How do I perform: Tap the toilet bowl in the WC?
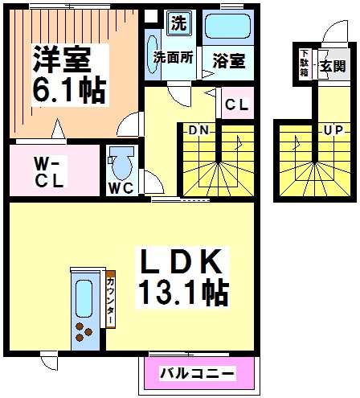click(x=123, y=165)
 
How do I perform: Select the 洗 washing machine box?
click(x=178, y=23)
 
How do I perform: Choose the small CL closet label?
click(x=235, y=104)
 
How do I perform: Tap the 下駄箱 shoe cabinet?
click(x=305, y=64)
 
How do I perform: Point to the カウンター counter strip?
click(x=110, y=300)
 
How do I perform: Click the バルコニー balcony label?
click(x=197, y=374)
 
